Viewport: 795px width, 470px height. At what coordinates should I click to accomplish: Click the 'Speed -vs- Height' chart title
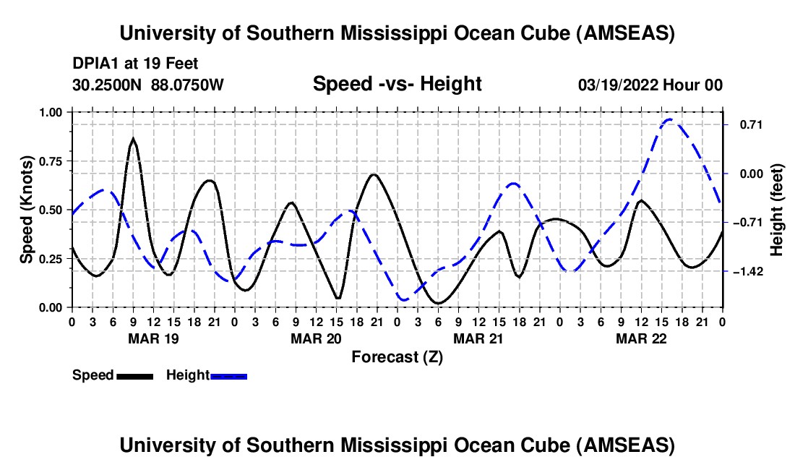pos(397,85)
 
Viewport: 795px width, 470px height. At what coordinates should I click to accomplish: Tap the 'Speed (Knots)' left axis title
pos(26,210)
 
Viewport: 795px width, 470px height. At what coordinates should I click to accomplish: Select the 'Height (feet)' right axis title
pos(777,210)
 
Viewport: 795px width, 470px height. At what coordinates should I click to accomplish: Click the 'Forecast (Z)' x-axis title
pos(397,356)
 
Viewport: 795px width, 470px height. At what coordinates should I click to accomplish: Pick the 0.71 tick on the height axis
pos(744,124)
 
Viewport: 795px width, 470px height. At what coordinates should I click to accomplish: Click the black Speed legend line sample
pos(134,376)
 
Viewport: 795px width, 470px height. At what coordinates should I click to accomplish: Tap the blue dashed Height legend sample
pos(228,376)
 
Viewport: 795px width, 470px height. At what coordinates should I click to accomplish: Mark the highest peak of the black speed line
pos(133,138)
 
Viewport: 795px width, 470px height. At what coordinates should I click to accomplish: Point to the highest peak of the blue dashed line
pos(670,119)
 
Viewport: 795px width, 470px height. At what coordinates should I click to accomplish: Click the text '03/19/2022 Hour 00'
pos(650,85)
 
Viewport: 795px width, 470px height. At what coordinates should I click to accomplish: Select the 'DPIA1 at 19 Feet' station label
pos(135,64)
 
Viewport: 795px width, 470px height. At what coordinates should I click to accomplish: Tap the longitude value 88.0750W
pos(188,85)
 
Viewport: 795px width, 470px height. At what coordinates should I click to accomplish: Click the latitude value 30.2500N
pos(108,85)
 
